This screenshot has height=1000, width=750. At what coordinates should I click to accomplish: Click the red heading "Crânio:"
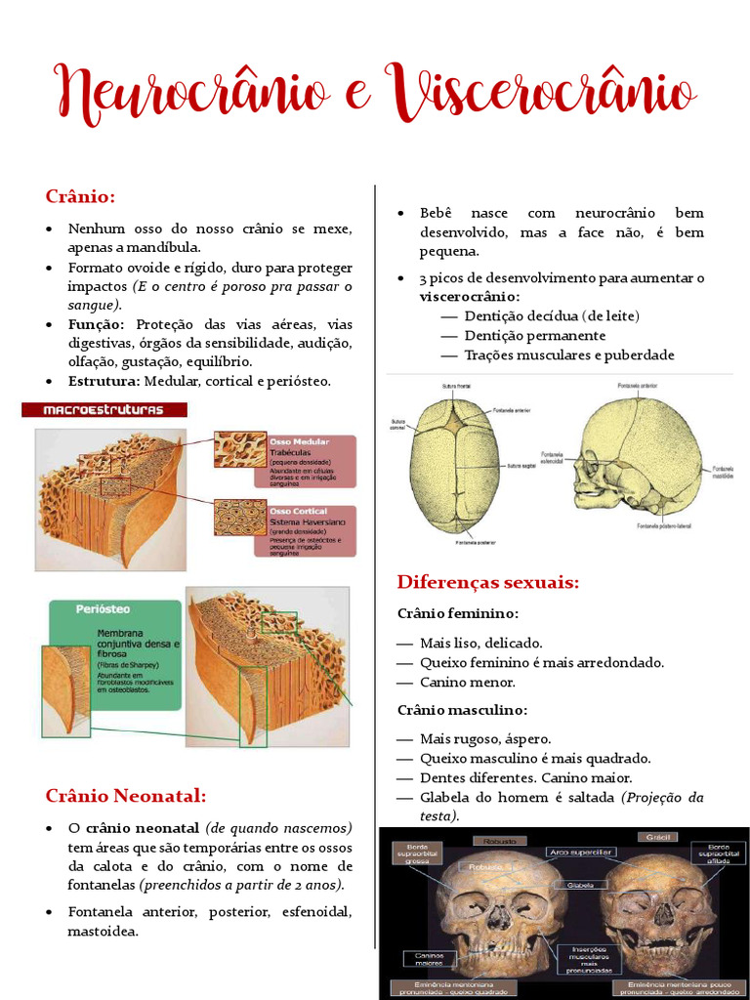click(80, 196)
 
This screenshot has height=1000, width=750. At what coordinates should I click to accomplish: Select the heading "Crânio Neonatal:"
click(126, 795)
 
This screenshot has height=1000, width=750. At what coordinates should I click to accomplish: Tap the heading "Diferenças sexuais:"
click(487, 583)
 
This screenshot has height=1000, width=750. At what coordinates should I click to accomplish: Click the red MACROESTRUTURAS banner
click(104, 410)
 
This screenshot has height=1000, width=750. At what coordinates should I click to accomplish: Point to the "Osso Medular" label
click(298, 442)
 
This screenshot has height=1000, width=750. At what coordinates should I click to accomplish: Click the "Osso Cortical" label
click(298, 512)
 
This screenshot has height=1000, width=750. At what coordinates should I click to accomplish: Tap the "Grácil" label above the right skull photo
click(653, 837)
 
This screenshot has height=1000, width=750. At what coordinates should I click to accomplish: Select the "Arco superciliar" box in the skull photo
click(581, 853)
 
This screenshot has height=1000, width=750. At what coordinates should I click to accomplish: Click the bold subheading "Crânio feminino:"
click(457, 613)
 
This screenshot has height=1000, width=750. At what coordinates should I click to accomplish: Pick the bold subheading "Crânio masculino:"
click(461, 709)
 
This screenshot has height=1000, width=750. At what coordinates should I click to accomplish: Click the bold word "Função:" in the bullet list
click(96, 324)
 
